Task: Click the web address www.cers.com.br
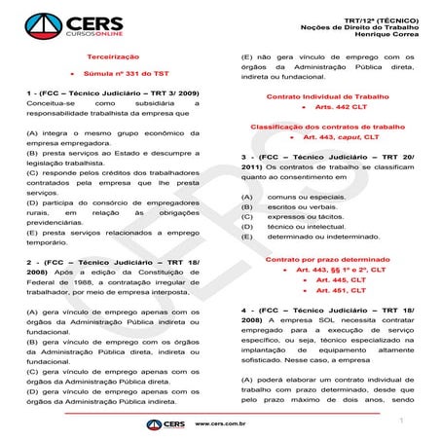[220, 425]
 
